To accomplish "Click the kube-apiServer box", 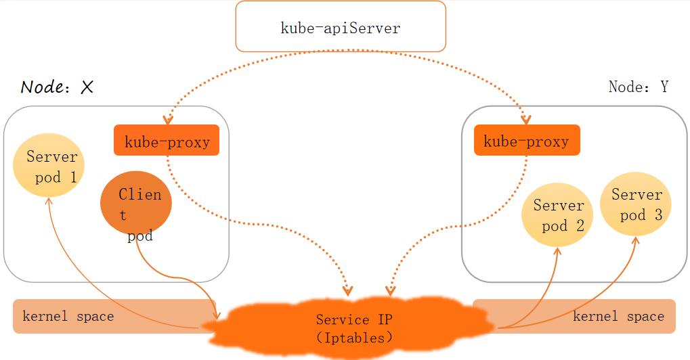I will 341,27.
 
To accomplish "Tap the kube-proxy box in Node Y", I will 527,141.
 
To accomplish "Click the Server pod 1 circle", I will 49,166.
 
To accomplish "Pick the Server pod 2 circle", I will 557,215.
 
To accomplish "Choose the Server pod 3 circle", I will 636,205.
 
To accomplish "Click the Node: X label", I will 57,87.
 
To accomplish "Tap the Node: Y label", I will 638,87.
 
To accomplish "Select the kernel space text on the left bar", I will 68,316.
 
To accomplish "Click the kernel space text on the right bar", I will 618,316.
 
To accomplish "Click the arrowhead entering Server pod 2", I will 558,252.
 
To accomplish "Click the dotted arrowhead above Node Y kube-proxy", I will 527,120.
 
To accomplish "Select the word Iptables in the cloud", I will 354,336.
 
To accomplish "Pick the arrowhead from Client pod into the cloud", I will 217,315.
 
